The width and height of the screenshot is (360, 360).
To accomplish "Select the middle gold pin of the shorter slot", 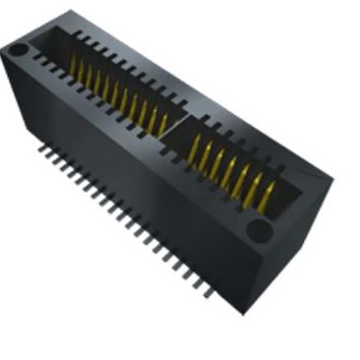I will tap(228, 170).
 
